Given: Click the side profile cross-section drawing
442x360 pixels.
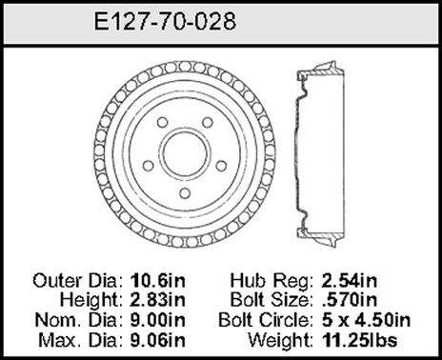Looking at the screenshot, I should (x=319, y=152).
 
